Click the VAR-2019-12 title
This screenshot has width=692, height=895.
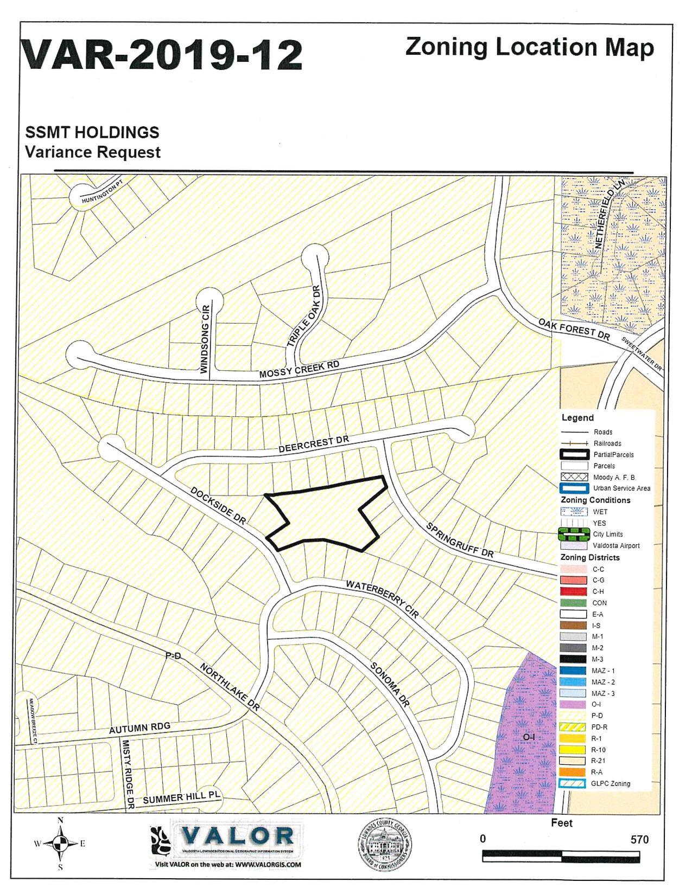[x=161, y=55]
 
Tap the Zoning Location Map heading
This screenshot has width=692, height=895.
[x=529, y=47]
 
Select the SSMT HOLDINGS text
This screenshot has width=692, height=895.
[x=92, y=132]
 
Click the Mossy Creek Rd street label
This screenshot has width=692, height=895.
[x=299, y=370]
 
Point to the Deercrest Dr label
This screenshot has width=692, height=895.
[x=314, y=444]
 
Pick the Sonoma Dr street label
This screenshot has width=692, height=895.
[x=389, y=684]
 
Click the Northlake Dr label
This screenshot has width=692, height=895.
[x=230, y=686]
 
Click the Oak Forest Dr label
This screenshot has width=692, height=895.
[x=574, y=329]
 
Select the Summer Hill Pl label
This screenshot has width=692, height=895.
[x=182, y=797]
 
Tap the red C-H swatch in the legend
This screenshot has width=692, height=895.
[x=573, y=591]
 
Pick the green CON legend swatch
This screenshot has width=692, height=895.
[x=573, y=603]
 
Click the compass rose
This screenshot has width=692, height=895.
[x=60, y=843]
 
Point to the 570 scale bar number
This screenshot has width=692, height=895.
[x=639, y=839]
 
